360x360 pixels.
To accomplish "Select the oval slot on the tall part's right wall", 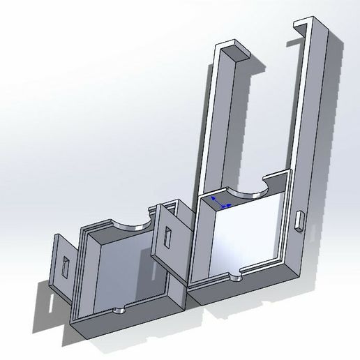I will coord(300,220).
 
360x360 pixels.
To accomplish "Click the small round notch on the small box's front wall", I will coord(119,310).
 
